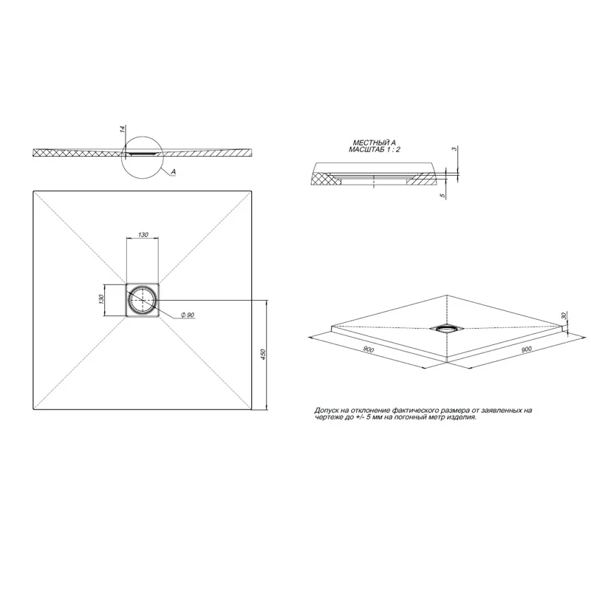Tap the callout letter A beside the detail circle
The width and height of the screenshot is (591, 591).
[x=172, y=171]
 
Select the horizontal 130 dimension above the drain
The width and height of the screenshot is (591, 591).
[x=143, y=234]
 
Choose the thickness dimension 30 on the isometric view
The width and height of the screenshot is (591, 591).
[x=565, y=316]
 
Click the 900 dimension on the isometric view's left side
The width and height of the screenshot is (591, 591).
[x=368, y=349]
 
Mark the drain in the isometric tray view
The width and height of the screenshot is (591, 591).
[x=447, y=327]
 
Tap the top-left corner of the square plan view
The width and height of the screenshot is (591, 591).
[x=33, y=192]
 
